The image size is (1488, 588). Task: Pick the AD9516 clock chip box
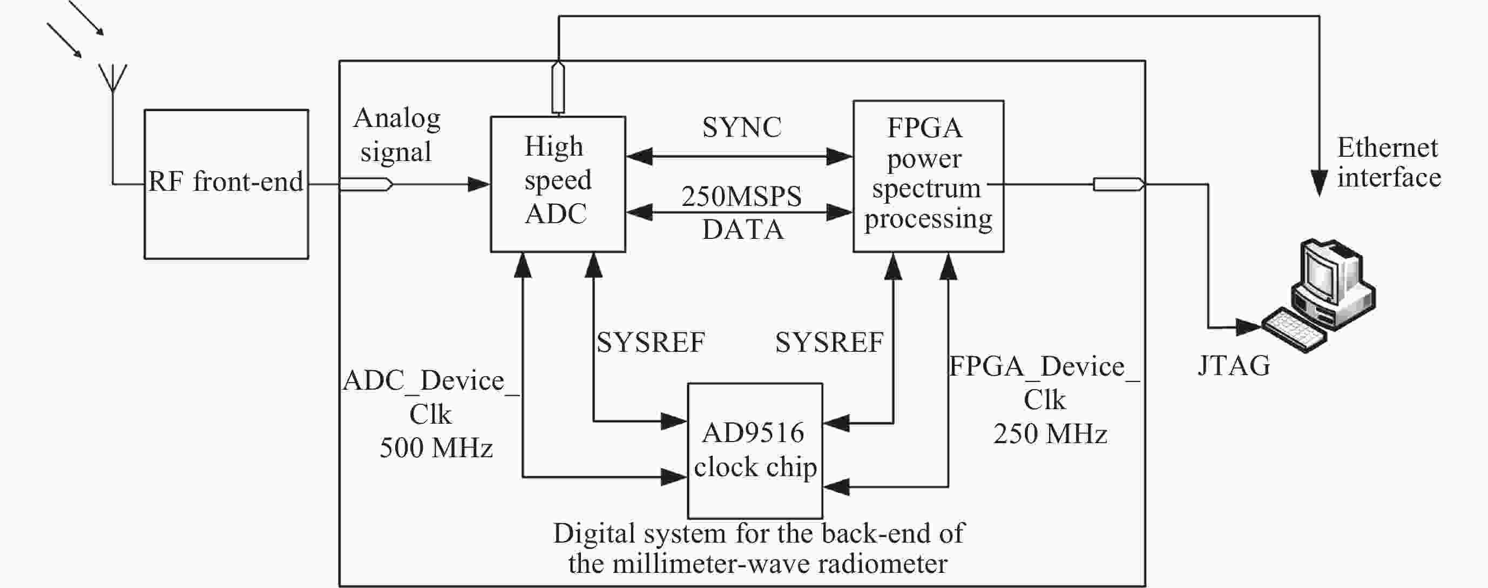(x=754, y=450)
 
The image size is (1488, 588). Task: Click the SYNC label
(x=742, y=128)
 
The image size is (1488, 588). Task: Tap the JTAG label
(x=1234, y=365)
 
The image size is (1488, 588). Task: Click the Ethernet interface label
(x=1388, y=163)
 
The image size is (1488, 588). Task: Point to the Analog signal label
(x=397, y=135)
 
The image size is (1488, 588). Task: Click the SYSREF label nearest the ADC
(x=651, y=342)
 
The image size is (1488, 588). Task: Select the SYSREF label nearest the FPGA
(x=829, y=342)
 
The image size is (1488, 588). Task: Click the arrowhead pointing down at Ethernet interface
(x=1319, y=183)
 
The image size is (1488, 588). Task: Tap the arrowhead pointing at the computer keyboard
(x=1248, y=328)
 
